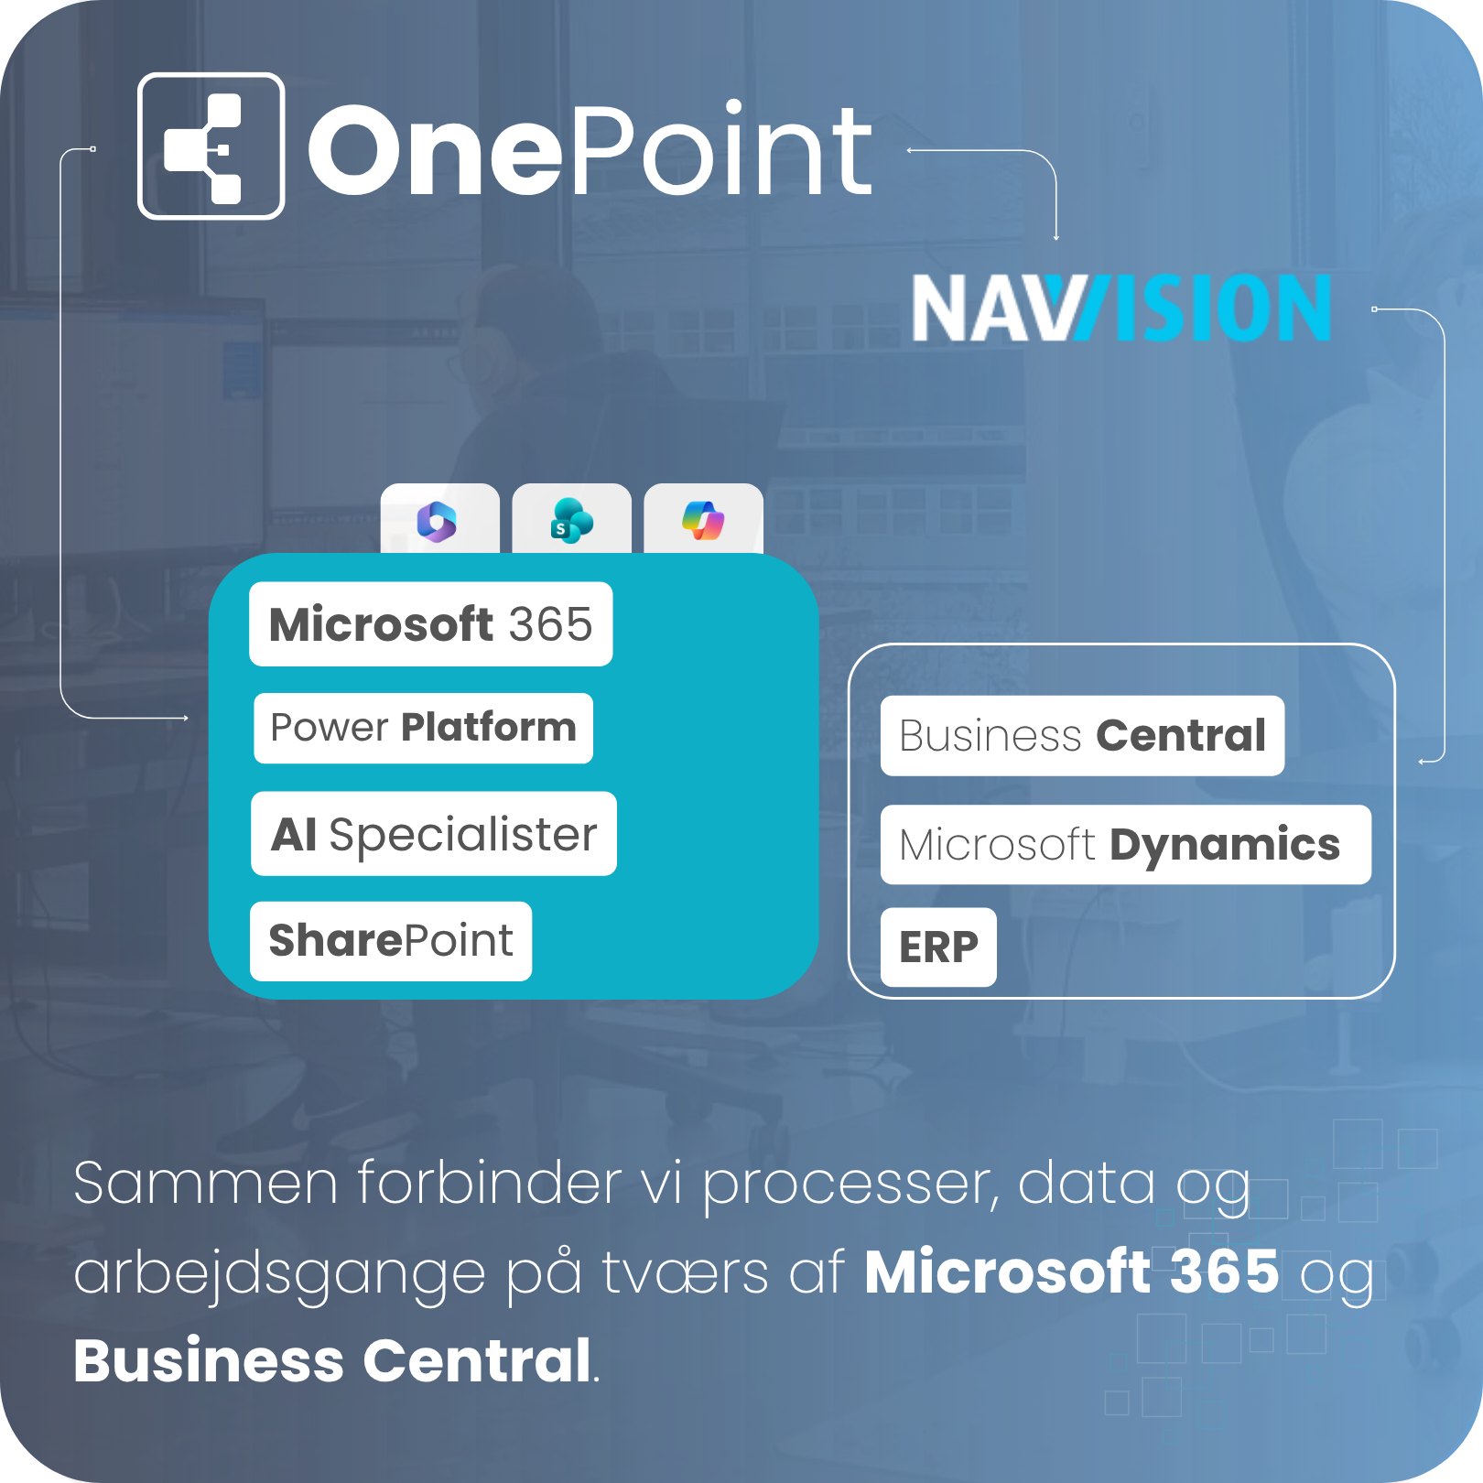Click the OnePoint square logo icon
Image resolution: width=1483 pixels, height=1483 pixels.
point(211,146)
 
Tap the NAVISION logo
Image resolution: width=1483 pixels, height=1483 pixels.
point(1120,308)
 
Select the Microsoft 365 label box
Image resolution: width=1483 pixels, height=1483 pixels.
point(430,624)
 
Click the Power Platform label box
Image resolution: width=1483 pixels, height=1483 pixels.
point(423,728)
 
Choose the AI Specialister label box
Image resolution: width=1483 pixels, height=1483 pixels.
point(434,834)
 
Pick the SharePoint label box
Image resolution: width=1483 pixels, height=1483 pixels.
point(391,941)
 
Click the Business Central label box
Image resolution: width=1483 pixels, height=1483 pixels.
point(1082,736)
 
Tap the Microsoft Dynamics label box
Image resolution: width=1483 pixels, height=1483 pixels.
point(1126,845)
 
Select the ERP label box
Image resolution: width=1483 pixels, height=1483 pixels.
point(938,947)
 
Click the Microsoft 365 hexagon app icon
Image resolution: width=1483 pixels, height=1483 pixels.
point(437,522)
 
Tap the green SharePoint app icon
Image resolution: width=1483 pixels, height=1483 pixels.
point(571,521)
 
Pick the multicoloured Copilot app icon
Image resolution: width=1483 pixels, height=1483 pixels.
point(703,521)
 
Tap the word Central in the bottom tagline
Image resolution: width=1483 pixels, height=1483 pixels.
point(477,1360)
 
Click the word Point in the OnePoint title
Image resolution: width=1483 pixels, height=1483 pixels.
point(724,149)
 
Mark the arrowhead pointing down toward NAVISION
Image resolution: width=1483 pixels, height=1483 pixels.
point(1056,237)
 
